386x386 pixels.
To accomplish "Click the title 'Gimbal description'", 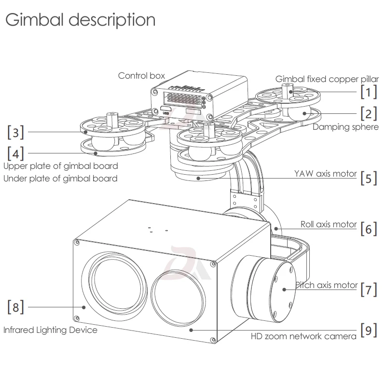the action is [x=81, y=20].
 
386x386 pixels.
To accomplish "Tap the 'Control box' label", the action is [x=141, y=76].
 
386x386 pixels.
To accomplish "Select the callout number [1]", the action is [x=369, y=92].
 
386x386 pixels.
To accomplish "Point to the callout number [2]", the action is [x=369, y=113].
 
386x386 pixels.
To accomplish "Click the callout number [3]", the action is [x=16, y=132].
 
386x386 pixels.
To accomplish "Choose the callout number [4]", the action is [x=16, y=153].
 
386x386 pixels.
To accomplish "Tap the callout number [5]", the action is [x=369, y=178].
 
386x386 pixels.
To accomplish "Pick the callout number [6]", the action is [x=369, y=229].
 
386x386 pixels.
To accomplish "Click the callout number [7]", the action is [x=369, y=289].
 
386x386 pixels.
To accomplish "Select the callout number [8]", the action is [x=16, y=307].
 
